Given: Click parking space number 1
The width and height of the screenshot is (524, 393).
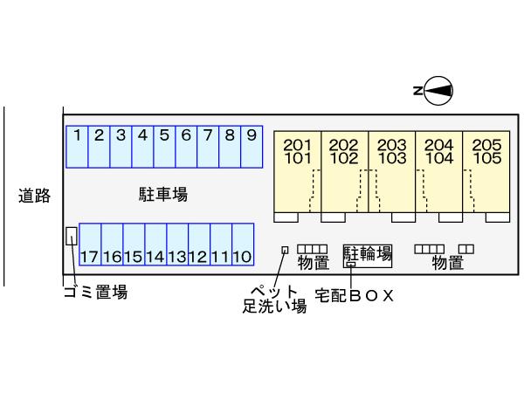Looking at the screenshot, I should pos(78,147).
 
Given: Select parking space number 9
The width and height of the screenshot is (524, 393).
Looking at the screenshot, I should pos(251,147).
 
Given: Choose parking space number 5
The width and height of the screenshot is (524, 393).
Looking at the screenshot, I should pos(164,147).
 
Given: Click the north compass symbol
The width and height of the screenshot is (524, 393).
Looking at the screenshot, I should pos(434,89).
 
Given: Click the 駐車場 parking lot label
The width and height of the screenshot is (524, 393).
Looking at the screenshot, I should pos(163,194).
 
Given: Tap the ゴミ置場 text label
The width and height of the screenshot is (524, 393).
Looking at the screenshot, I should pos(95,293).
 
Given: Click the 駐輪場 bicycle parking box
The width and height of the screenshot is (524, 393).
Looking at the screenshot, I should pos(368,255).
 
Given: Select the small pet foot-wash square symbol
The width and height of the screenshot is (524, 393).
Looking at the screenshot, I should pos(285,250).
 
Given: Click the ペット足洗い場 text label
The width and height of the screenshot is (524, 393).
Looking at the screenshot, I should pos(274,299).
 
